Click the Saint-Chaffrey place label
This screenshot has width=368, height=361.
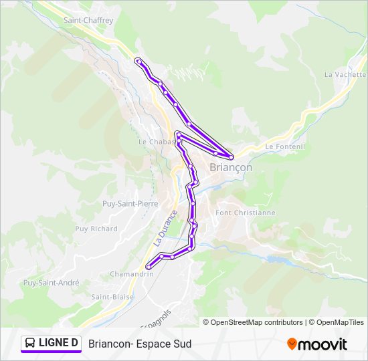pos(87,20)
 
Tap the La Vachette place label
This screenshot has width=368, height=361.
pos(345,75)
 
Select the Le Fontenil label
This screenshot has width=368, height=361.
pos(284,146)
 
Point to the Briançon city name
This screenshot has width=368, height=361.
pos(231,168)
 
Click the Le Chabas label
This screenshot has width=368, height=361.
pos(156,142)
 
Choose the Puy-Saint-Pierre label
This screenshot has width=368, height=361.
pos(128,203)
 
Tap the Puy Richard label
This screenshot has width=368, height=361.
pos(96,229)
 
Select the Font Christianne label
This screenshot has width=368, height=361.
pos(246,213)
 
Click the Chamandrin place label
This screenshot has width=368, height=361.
pos(131,274)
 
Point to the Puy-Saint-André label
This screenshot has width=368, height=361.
pos(51,283)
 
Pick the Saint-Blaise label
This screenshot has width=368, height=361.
pos(112,297)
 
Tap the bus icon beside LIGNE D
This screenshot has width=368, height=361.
pos(29,344)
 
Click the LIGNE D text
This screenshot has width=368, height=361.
pos(59,344)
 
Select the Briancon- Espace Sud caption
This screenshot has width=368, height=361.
pos(140,344)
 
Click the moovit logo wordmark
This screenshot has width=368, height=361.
pos(323,344)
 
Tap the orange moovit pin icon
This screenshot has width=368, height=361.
pos(292,344)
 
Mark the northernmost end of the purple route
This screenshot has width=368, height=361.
pos(138,62)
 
